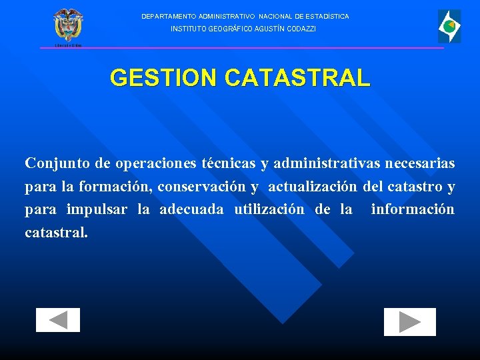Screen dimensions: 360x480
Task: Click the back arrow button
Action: click(x=58, y=320)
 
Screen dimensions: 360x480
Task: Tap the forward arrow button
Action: click(x=409, y=322)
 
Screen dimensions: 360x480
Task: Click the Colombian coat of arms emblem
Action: click(x=68, y=26)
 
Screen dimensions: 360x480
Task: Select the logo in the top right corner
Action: click(x=449, y=27)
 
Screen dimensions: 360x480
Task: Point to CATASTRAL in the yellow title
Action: click(x=297, y=78)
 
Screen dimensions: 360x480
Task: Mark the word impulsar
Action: click(x=97, y=209)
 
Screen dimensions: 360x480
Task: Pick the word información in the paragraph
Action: click(x=413, y=209)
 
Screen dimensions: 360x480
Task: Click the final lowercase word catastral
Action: click(x=55, y=233)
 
